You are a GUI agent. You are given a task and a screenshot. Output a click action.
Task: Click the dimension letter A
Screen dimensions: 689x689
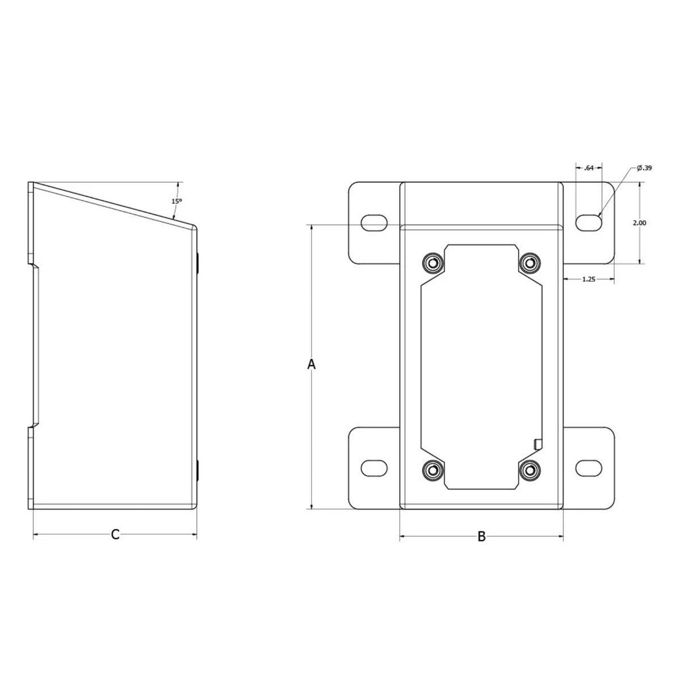(311, 364)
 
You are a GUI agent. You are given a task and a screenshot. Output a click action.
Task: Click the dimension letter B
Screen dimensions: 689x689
(481, 536)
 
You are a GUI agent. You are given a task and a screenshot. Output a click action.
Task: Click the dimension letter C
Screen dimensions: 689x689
(115, 534)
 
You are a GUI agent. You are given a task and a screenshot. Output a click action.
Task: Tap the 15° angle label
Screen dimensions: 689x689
(177, 201)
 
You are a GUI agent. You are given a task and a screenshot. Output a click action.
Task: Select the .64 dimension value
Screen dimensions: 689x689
(589, 168)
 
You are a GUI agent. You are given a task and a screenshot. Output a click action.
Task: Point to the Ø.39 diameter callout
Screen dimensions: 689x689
(644, 168)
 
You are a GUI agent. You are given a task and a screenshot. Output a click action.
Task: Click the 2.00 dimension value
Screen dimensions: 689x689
(639, 223)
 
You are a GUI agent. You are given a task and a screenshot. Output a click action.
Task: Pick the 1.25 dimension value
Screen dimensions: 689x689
(589, 279)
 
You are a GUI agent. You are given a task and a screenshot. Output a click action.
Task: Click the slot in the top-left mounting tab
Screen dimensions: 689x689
(375, 222)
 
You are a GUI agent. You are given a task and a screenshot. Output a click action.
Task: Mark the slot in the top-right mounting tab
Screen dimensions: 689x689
(589, 222)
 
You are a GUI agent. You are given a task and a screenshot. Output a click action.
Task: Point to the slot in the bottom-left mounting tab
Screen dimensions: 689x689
(375, 468)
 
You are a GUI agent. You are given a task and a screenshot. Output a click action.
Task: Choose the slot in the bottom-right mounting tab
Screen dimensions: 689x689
(589, 468)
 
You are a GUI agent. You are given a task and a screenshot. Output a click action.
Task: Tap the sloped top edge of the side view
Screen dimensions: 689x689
(114, 204)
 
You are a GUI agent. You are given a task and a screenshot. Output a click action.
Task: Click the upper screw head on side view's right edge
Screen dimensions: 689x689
(198, 262)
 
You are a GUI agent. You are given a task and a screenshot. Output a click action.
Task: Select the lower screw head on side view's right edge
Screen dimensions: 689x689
(198, 469)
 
